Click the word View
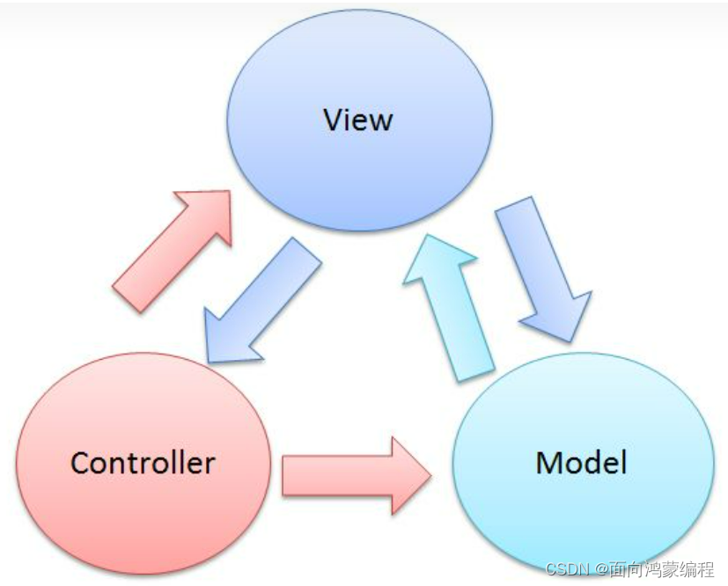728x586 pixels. point(358,120)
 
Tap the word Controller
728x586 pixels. point(143,462)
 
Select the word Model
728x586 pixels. point(581,462)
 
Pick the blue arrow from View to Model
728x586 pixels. point(537,264)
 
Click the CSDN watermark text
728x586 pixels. point(567,569)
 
